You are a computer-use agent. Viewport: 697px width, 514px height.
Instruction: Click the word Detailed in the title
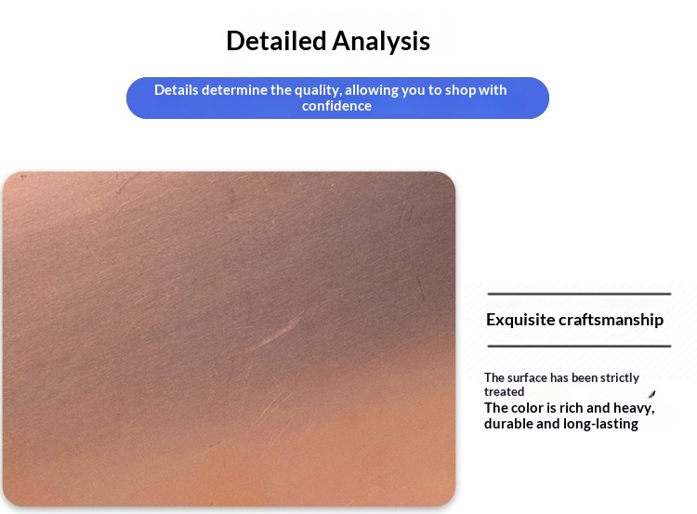pos(276,41)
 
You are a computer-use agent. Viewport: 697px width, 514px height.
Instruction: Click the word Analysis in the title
pos(381,42)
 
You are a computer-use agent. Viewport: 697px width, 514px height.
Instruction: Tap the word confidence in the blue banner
pos(337,106)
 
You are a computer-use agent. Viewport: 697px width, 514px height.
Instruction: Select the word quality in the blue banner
pos(318,90)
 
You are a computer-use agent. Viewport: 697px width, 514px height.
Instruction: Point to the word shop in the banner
pos(460,90)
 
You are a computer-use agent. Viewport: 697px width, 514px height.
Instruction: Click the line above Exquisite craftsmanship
pos(579,294)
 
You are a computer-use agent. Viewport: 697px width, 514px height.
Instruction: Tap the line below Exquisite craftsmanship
pos(579,346)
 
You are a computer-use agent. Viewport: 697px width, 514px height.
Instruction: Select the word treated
pos(504,391)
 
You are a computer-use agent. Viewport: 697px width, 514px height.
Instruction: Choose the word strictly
pos(620,377)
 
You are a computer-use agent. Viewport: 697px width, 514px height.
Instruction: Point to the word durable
pos(508,424)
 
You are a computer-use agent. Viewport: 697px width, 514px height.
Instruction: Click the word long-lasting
pos(600,424)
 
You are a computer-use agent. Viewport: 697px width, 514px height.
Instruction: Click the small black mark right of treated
pos(652,394)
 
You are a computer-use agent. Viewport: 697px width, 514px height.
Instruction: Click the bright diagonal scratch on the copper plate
pos(273,335)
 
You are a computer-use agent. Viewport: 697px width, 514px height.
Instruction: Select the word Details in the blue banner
pos(177,90)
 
